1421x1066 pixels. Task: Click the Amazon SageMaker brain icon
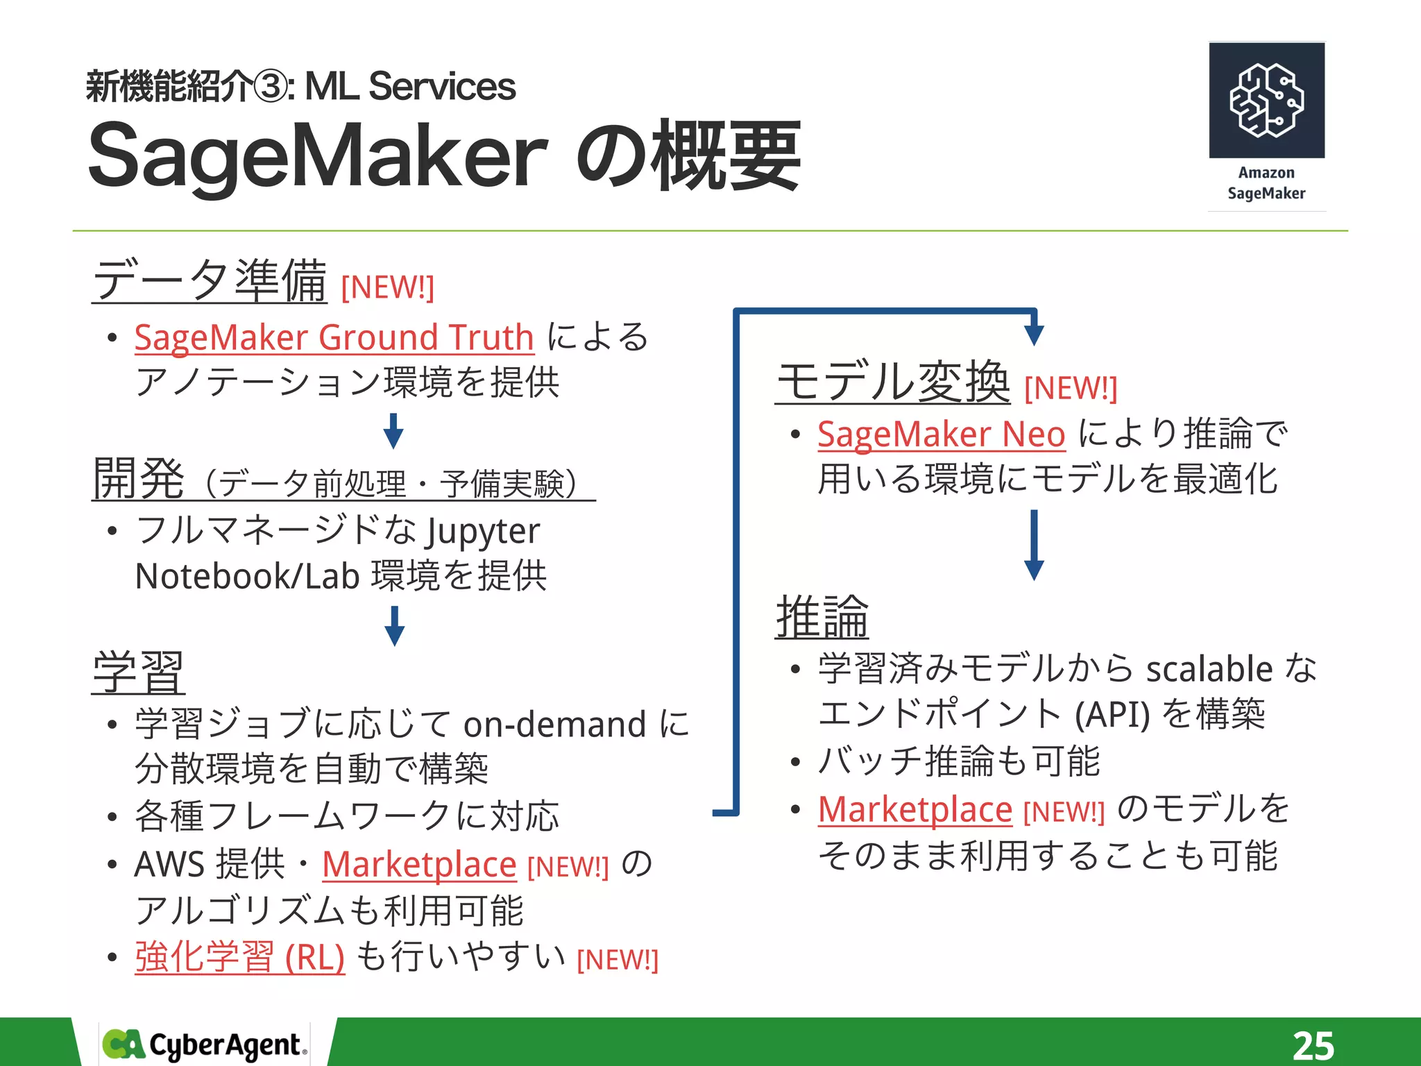click(1266, 100)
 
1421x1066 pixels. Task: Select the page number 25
click(1313, 1045)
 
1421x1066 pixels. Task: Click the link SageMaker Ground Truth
click(334, 338)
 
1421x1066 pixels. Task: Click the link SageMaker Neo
click(941, 434)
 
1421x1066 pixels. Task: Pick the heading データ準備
click(210, 280)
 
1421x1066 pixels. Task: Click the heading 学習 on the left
click(139, 672)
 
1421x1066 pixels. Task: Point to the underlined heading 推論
click(822, 617)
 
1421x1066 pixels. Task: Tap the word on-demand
click(555, 725)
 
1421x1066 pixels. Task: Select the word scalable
click(1209, 669)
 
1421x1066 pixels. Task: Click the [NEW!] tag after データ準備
click(387, 287)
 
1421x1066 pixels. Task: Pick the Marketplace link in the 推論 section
click(915, 810)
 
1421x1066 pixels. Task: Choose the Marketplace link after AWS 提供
click(419, 865)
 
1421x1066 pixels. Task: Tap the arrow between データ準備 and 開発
click(393, 432)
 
